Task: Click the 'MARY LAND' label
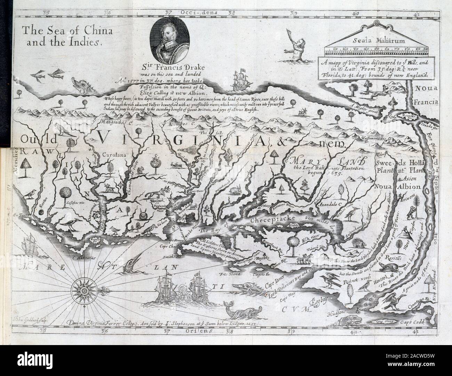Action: point(328,161)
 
